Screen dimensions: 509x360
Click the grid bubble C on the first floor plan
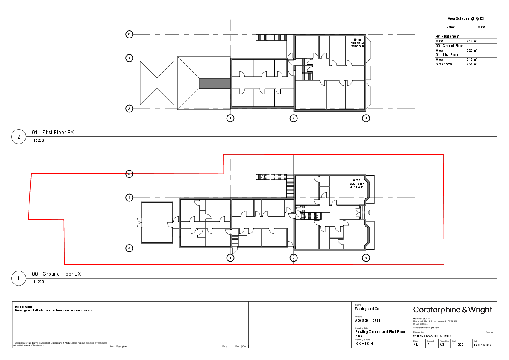click(x=129, y=34)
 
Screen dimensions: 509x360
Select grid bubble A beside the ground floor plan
click(x=129, y=248)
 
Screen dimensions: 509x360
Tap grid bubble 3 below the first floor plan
click(x=365, y=118)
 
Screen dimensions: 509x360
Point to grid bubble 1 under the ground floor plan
click(x=230, y=257)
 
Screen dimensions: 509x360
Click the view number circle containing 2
click(x=18, y=137)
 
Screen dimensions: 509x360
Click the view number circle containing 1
click(x=18, y=278)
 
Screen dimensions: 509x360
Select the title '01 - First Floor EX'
click(x=53, y=133)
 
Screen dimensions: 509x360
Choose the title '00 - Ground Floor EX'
click(x=56, y=274)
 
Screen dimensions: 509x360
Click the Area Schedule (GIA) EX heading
click(x=466, y=19)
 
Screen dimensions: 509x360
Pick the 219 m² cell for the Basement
click(x=481, y=41)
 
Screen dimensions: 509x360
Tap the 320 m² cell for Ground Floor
click(x=481, y=50)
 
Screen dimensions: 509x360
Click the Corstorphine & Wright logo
click(x=453, y=310)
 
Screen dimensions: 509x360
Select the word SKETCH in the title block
click(x=364, y=343)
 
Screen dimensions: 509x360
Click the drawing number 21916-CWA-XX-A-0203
click(x=432, y=336)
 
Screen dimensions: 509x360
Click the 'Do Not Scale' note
click(x=24, y=307)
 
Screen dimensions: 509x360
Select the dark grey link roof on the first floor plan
click(x=215, y=83)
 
